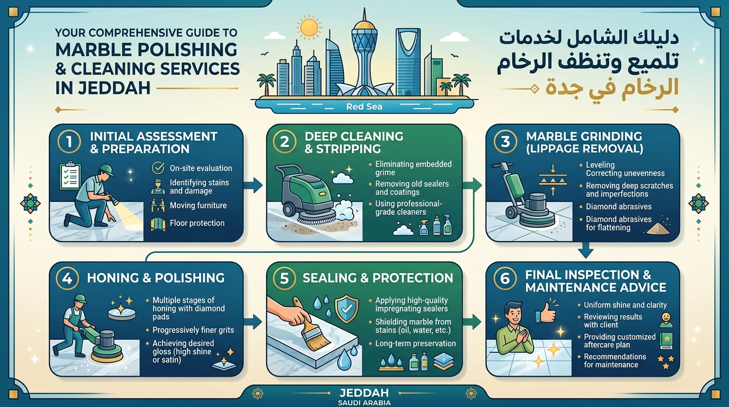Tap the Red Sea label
[364, 107]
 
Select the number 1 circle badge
[69, 142]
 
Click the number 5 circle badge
[284, 278]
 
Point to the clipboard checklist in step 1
[70, 176]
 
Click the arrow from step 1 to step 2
[254, 185]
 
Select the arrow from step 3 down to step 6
[586, 250]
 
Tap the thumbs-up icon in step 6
[546, 313]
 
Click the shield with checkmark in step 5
[347, 308]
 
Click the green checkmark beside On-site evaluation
[159, 168]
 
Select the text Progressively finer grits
[193, 330]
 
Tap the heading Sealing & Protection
[378, 278]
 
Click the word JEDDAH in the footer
[364, 393]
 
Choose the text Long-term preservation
[415, 343]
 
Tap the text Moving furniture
[198, 206]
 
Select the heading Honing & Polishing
[156, 278]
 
